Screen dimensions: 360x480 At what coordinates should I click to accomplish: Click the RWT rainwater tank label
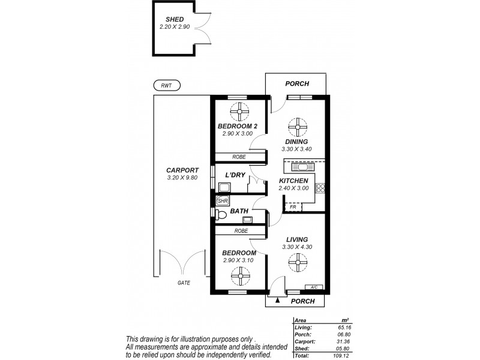coord(166,86)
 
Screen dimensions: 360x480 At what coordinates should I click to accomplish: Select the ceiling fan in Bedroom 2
coord(239,110)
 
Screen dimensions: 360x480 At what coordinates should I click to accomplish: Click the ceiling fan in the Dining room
coord(296,126)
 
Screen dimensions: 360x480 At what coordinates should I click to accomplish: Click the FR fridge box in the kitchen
coord(293,207)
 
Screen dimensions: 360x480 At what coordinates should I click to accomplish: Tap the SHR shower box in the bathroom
coord(222,200)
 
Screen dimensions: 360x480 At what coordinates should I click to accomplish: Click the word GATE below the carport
coord(183,282)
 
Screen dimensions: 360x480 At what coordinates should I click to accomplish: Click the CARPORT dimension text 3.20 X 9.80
coord(182,178)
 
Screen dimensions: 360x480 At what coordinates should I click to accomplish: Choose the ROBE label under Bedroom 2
coord(239,157)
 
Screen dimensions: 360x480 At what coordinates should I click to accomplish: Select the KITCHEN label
coord(293,181)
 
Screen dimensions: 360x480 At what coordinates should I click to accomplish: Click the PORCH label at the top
coord(296,85)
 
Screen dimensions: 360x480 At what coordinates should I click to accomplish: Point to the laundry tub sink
coord(224,187)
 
